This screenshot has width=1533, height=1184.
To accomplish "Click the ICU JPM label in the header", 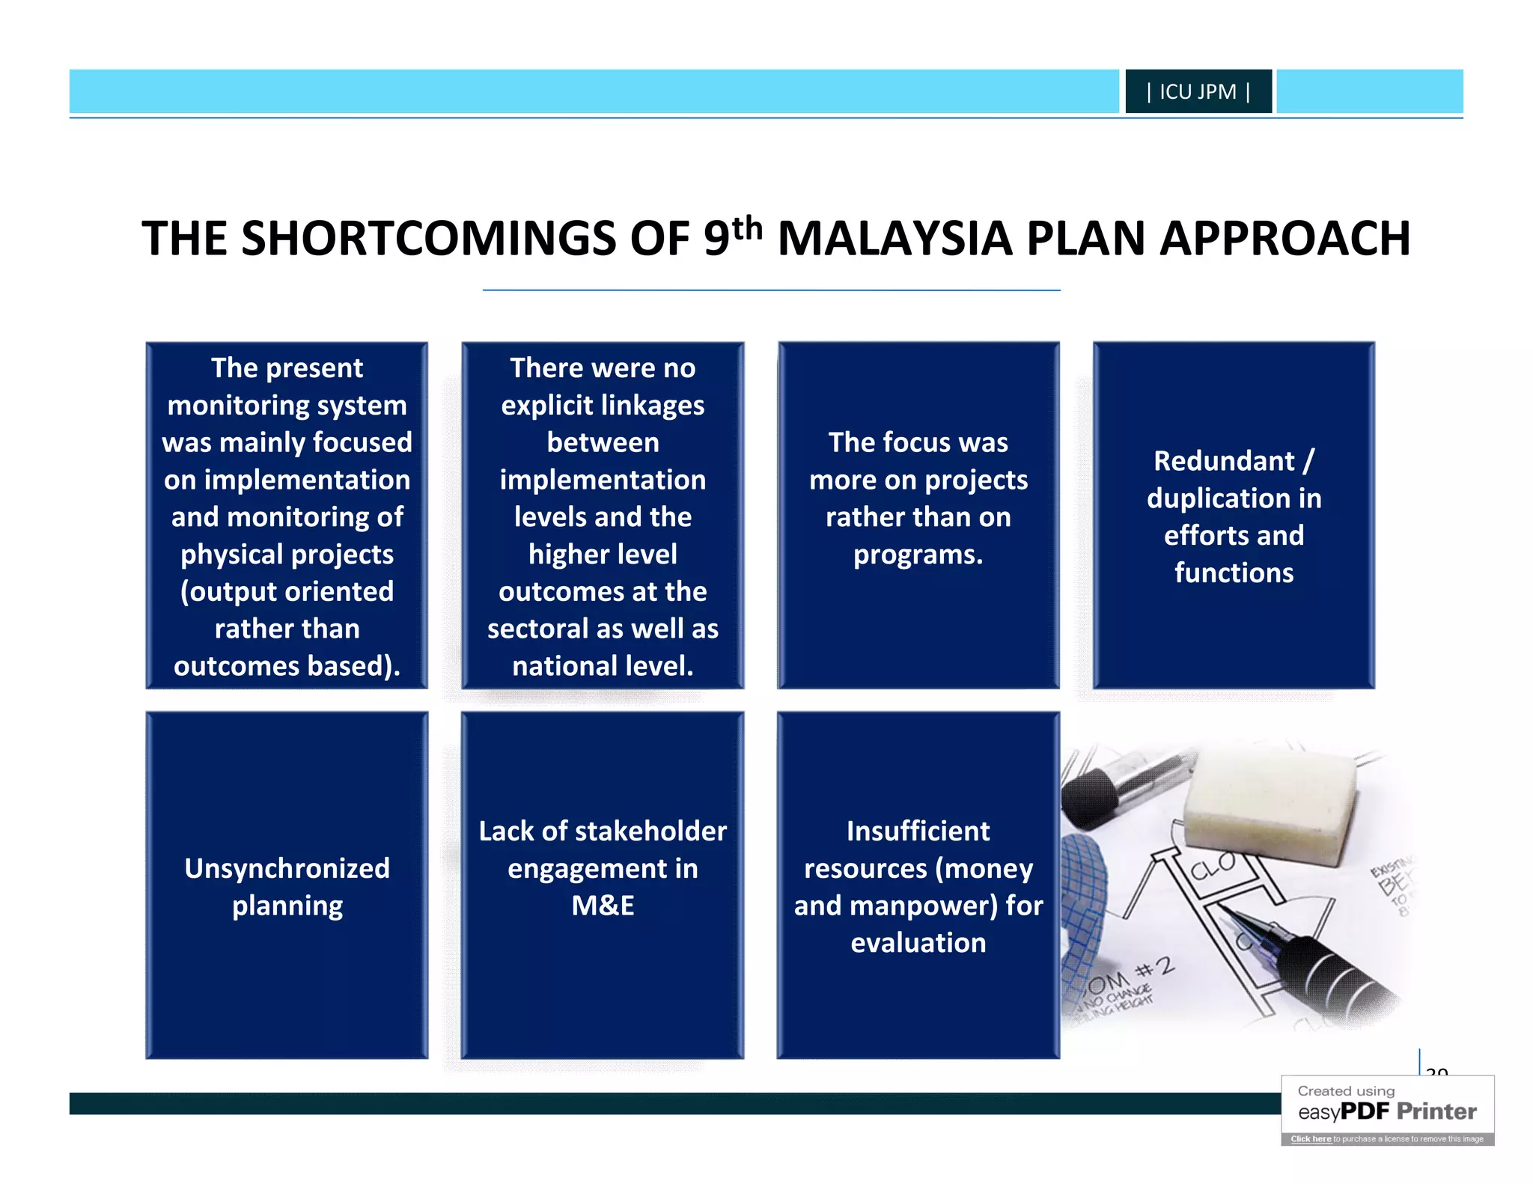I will [1198, 92].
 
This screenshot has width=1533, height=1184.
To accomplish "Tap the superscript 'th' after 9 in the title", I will [747, 228].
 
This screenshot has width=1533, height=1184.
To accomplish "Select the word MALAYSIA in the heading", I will [894, 239].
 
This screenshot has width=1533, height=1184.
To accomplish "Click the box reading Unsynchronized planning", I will [287, 885].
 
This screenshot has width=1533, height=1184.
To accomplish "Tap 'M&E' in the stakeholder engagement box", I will [603, 906].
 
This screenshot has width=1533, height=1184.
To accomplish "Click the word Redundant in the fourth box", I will [1223, 461].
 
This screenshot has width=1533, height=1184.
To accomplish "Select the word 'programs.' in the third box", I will [918, 555].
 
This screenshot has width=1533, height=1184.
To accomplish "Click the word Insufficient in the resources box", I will [918, 831].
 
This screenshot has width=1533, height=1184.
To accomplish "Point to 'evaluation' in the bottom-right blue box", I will [918, 943].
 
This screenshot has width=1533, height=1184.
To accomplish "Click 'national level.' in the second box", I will [603, 666].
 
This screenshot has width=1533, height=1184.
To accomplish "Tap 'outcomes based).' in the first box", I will [287, 666].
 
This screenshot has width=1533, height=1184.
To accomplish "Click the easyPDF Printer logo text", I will [1387, 1111].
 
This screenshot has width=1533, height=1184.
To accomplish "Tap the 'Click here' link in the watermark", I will [1310, 1139].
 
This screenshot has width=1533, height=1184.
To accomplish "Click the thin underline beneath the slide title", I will [771, 290].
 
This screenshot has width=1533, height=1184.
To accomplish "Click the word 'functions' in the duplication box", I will [1234, 573].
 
